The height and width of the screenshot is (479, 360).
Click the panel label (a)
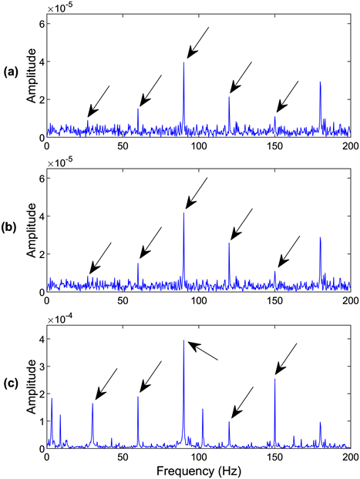point(11,72)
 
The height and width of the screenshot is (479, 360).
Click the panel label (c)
point(11,381)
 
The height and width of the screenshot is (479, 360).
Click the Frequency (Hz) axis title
point(199,469)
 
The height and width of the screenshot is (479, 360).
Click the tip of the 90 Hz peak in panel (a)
point(183,62)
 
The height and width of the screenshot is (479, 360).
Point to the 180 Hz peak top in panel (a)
point(320,82)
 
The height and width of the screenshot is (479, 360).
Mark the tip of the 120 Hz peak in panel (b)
point(229,243)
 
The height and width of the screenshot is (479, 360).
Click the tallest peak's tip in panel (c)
point(183,340)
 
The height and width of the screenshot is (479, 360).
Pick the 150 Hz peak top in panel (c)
point(274,378)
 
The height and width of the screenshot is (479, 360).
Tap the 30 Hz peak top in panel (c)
point(93,404)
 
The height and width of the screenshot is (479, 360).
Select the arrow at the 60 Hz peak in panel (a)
point(150,91)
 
